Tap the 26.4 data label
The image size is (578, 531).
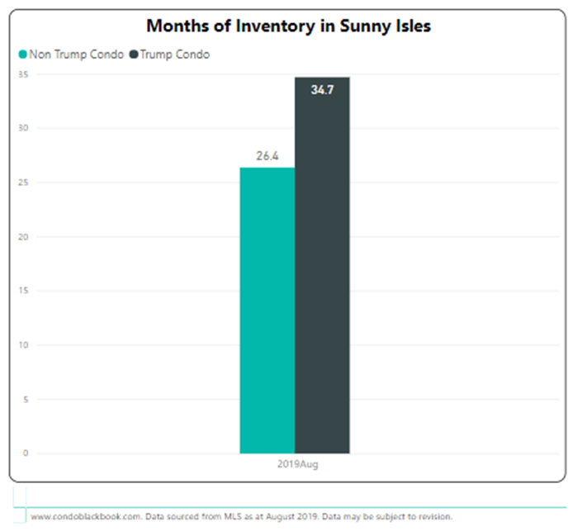point(267,154)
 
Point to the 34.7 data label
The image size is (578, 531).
point(323,88)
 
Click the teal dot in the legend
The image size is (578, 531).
point(22,55)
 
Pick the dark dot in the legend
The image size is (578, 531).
point(134,55)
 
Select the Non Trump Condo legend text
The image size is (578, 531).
point(76,55)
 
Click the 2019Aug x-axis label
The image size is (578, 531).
point(295,465)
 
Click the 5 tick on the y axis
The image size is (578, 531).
point(26,400)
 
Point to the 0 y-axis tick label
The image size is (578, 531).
point(26,453)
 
